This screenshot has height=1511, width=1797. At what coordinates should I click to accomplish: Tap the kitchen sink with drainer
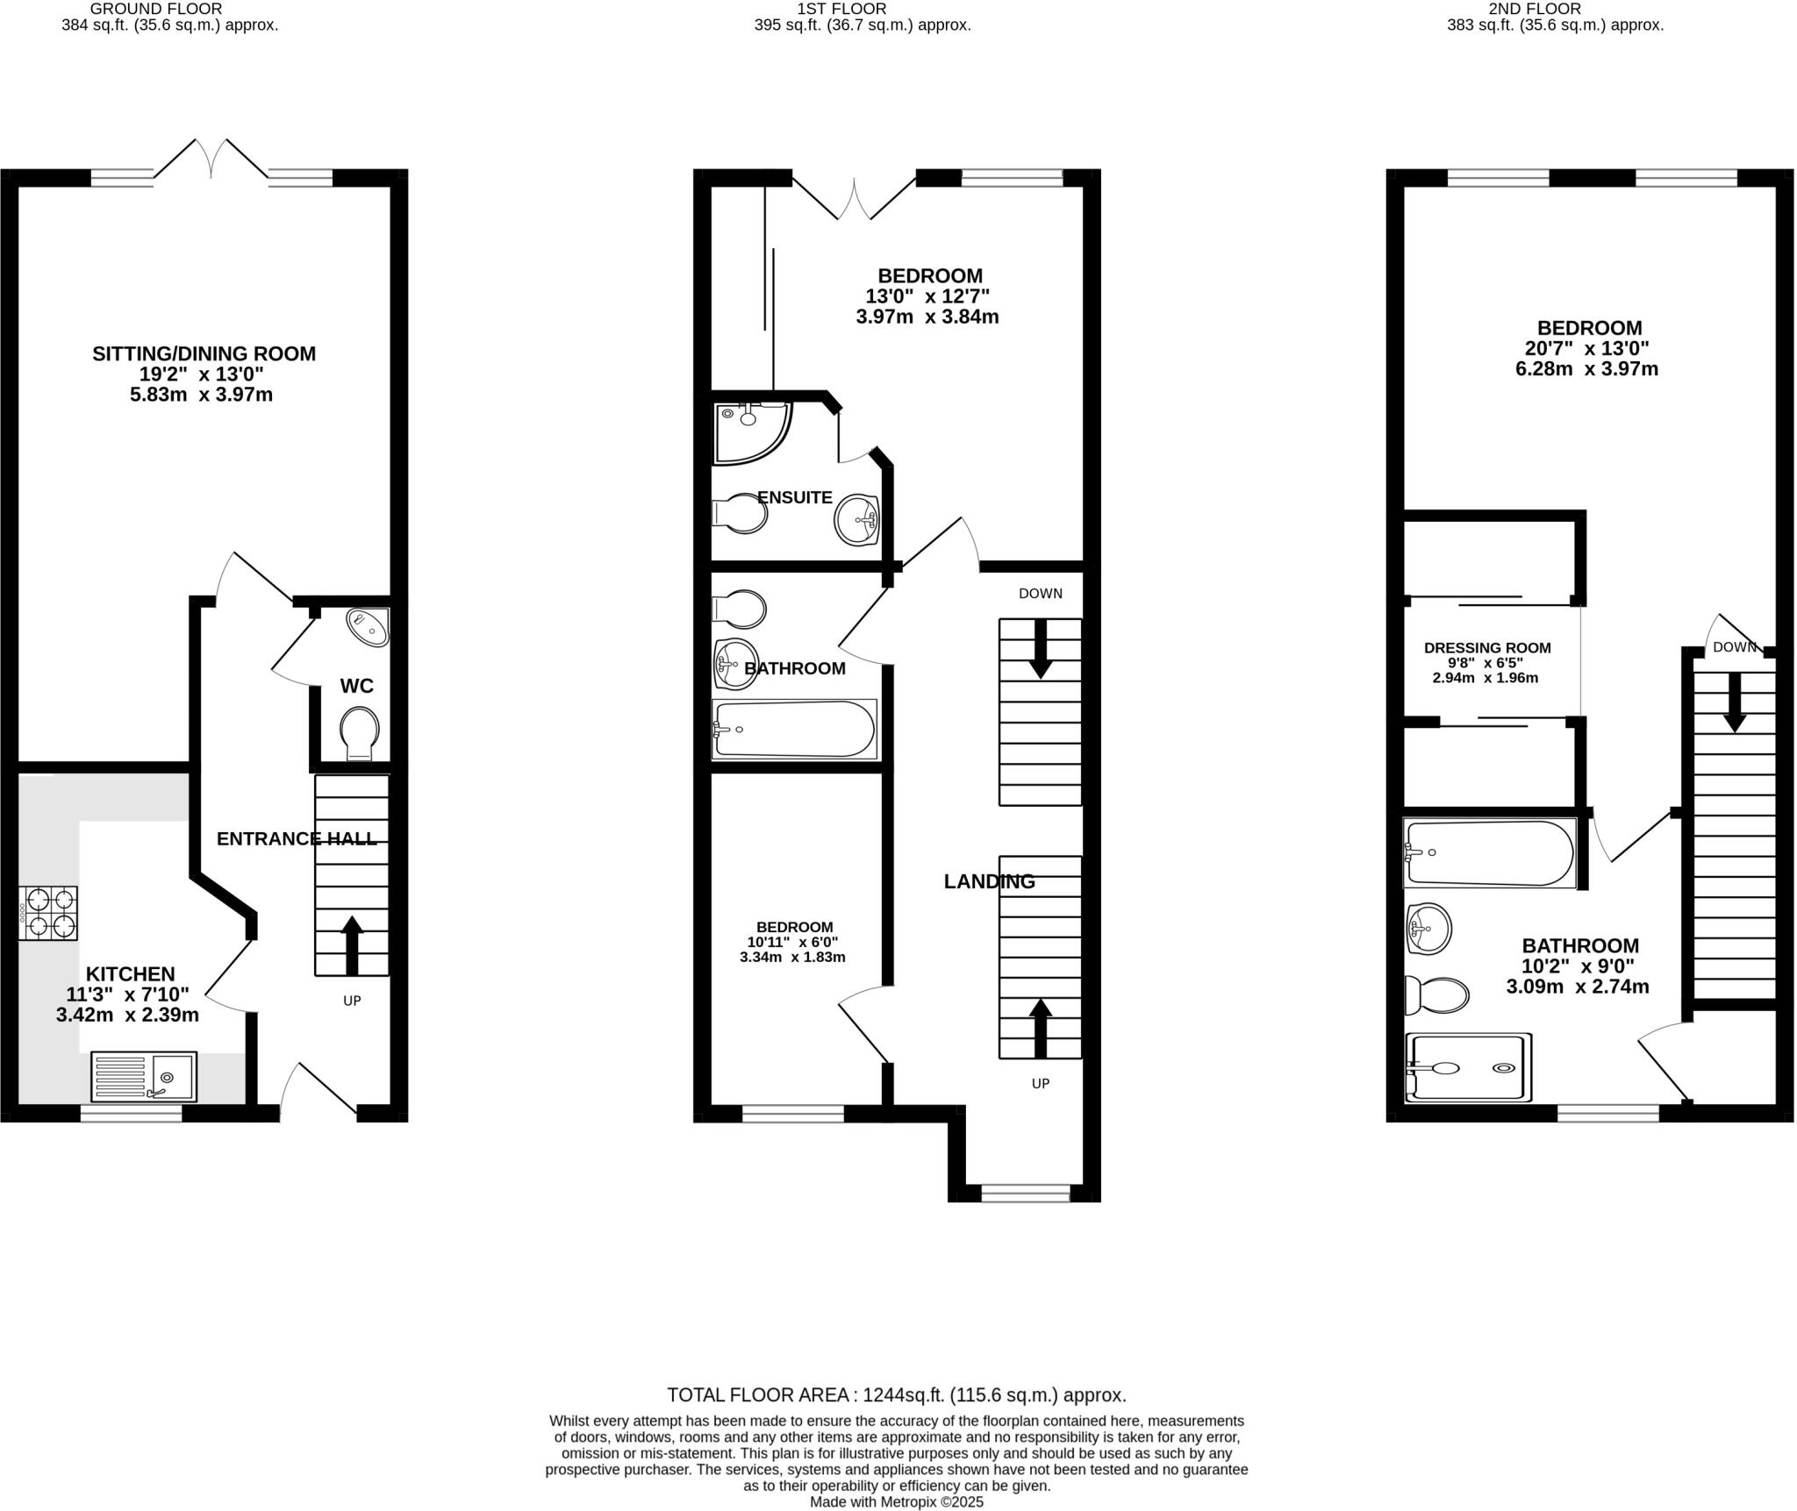[x=144, y=1076]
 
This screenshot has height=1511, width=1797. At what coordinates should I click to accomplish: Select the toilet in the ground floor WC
[x=360, y=731]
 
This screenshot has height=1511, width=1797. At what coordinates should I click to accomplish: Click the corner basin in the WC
[x=369, y=626]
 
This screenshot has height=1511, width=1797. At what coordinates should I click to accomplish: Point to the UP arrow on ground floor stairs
[x=352, y=945]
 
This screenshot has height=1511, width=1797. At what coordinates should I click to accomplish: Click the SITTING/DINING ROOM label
[x=204, y=353]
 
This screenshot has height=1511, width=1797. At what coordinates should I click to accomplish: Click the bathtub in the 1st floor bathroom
[x=794, y=729]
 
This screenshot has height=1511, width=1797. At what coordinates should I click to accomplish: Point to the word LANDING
[x=989, y=881]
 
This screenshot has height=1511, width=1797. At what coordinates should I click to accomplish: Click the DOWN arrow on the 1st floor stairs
[x=1041, y=649]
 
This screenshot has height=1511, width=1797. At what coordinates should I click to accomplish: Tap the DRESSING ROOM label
[x=1486, y=648]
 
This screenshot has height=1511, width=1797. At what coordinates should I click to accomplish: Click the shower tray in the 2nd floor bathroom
[x=1469, y=1067]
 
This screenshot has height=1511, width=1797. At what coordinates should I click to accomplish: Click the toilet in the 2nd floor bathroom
[x=1437, y=995]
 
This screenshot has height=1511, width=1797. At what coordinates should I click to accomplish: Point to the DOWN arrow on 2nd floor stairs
[x=1734, y=702]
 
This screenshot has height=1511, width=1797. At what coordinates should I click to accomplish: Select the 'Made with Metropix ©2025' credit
[x=896, y=1501]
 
